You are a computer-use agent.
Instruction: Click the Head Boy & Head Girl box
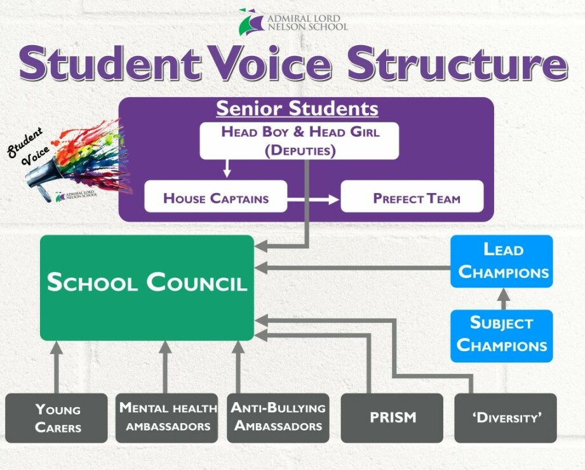point(299,141)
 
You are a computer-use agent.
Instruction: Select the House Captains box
point(216,197)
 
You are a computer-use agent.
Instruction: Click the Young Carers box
point(57,418)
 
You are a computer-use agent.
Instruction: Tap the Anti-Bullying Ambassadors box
point(278,418)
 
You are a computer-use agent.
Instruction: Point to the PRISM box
point(392,418)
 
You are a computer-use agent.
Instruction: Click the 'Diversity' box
point(506,418)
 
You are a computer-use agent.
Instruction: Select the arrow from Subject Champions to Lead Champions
point(503,299)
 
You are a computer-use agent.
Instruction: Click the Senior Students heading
point(297,109)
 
